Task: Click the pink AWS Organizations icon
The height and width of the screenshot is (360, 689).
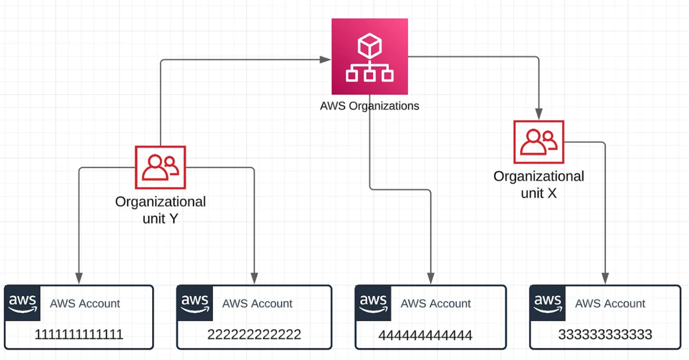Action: (x=370, y=56)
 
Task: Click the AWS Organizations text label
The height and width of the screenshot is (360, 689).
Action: (x=370, y=106)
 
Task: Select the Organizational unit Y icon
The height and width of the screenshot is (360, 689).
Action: (x=160, y=167)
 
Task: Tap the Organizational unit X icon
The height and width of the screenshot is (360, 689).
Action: (x=539, y=141)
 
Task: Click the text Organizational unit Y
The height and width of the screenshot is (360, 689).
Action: (x=160, y=210)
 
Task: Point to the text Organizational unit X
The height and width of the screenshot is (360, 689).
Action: (x=539, y=184)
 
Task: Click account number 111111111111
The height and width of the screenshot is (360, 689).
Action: (x=79, y=334)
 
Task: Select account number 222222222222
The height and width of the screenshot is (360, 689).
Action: (x=254, y=334)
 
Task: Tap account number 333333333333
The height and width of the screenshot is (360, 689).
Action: (x=605, y=334)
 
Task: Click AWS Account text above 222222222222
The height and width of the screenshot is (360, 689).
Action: (x=257, y=304)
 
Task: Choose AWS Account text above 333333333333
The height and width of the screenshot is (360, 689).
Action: (x=610, y=304)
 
